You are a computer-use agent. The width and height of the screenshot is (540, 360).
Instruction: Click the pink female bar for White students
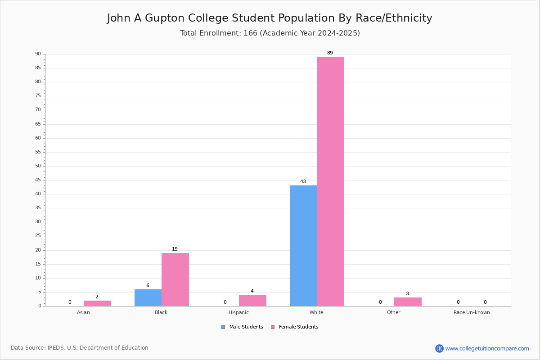coord(330,181)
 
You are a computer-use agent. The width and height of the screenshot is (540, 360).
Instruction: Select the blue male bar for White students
coord(303,246)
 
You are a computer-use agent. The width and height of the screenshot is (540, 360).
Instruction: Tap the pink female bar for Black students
coord(175,279)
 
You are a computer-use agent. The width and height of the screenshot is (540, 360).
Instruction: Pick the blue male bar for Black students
coord(148,298)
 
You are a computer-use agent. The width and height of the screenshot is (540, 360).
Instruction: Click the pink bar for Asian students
coord(97,303)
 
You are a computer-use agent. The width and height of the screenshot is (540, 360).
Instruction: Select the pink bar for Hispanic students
coord(252,301)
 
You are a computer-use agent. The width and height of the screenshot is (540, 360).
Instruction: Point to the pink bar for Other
coord(408,302)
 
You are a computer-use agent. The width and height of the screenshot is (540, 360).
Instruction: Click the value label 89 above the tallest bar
coord(330,53)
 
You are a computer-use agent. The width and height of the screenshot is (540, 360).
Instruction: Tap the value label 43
coord(303,181)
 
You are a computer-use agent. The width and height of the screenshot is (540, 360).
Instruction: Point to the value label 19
coord(175,249)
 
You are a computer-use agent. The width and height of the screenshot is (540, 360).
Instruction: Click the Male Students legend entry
coord(242,327)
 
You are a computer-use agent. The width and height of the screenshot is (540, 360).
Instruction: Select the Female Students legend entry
coord(295,327)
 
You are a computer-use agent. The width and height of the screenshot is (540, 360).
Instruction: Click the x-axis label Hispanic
coord(238,312)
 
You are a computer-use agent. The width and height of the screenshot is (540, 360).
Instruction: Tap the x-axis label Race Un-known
coord(472,312)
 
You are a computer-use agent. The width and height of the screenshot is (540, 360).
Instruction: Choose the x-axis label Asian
coord(83,312)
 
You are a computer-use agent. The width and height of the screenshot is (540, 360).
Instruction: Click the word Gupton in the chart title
coord(165,18)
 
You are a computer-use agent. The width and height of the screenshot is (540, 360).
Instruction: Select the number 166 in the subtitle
coord(251,33)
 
